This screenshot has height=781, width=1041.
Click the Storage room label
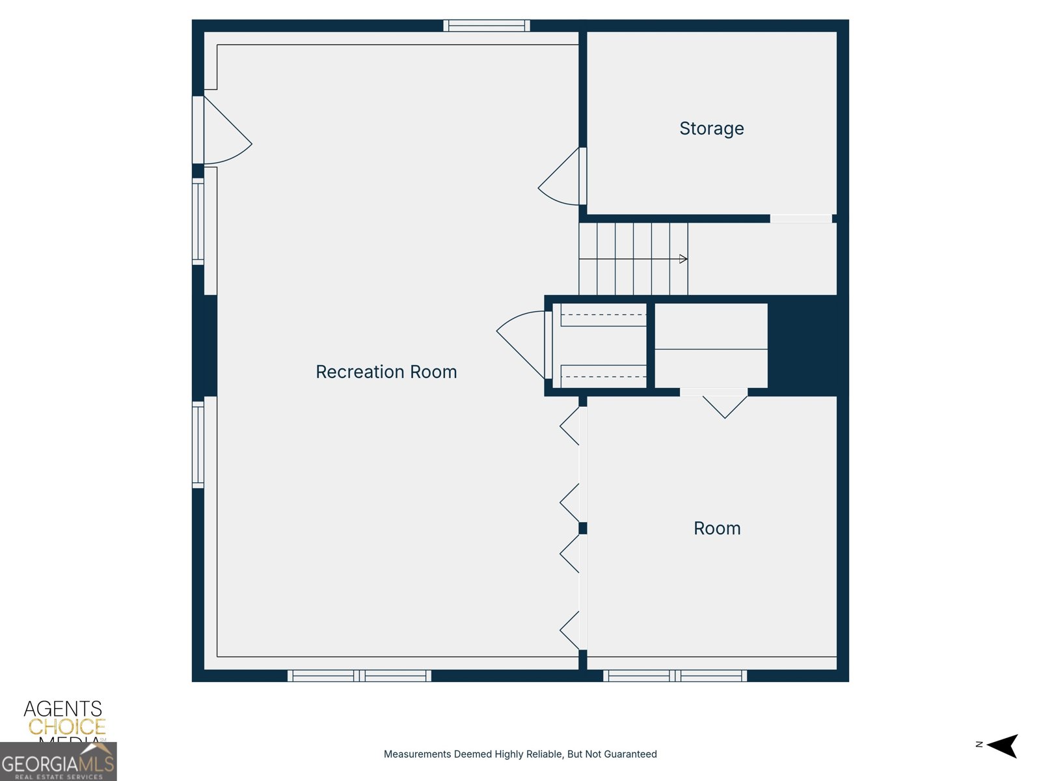click(711, 128)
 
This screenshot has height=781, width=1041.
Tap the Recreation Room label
click(386, 372)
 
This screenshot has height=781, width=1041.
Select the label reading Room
click(717, 528)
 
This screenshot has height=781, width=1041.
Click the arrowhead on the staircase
click(683, 259)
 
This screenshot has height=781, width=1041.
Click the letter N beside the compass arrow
click(979, 745)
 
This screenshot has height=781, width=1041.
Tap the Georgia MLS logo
click(58, 763)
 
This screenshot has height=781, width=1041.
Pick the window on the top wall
click(487, 26)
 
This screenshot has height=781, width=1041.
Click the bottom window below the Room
click(675, 676)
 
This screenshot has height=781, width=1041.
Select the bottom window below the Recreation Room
click(359, 676)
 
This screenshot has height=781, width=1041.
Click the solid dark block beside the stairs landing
click(802, 345)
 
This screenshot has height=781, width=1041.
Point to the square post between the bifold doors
click(583, 528)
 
